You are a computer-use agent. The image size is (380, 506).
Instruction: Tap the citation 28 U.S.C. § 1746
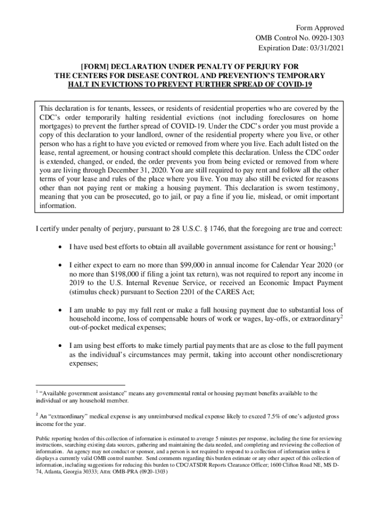tap(188, 230)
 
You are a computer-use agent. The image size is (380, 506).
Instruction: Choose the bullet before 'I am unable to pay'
tap(60, 311)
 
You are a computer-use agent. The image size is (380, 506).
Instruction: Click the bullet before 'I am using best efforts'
tap(60, 346)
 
